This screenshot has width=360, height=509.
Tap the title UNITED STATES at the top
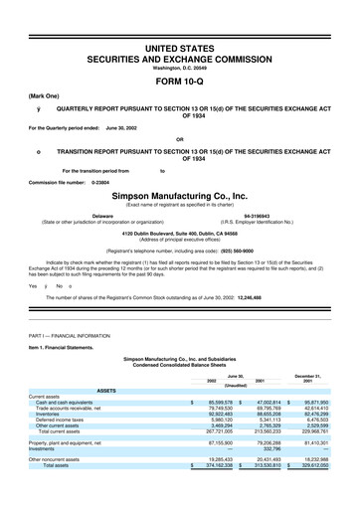(180, 21)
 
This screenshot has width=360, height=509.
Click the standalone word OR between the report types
(180, 138)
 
